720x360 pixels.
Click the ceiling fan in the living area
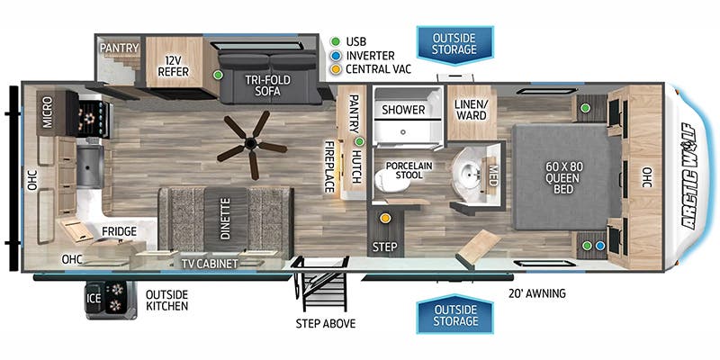[251, 145]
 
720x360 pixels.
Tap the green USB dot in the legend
[336, 41]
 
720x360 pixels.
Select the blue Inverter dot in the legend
[336, 56]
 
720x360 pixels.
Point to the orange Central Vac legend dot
[336, 70]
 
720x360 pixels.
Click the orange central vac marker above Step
[385, 218]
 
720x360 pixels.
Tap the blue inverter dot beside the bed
[599, 246]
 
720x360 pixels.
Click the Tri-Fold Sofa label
[267, 85]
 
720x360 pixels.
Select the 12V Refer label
[173, 66]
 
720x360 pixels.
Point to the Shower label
[403, 110]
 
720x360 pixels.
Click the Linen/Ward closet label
[470, 110]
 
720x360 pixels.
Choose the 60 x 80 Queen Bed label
[563, 177]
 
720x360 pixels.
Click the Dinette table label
[226, 218]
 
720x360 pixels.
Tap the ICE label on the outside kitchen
[94, 299]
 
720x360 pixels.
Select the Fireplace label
[328, 166]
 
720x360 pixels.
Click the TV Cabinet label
[210, 264]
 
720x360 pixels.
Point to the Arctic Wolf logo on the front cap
[690, 175]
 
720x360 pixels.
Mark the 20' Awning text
[536, 293]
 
